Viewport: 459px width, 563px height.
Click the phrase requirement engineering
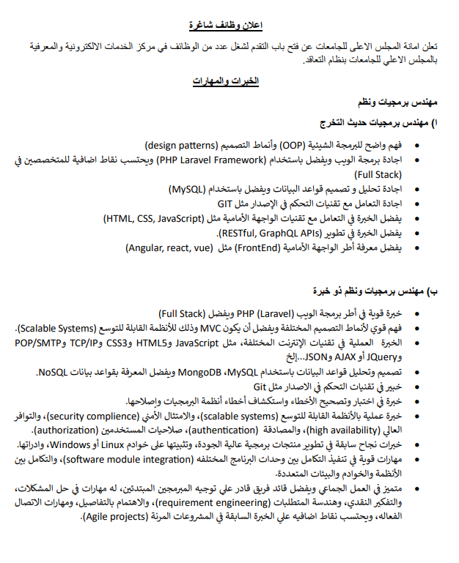194,504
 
